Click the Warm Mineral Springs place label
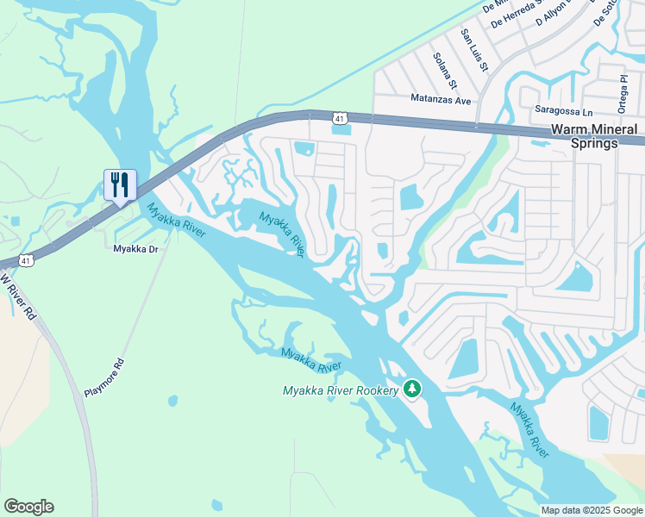[595, 136]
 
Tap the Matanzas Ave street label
[441, 101]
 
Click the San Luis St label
[475, 50]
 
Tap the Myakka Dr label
[137, 249]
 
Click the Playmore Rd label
[104, 377]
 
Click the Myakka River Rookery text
[341, 391]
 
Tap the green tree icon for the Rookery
[413, 389]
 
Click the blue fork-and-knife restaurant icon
[119, 184]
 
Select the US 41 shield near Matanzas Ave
[341, 117]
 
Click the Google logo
[28, 507]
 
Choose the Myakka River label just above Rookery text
[311, 360]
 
